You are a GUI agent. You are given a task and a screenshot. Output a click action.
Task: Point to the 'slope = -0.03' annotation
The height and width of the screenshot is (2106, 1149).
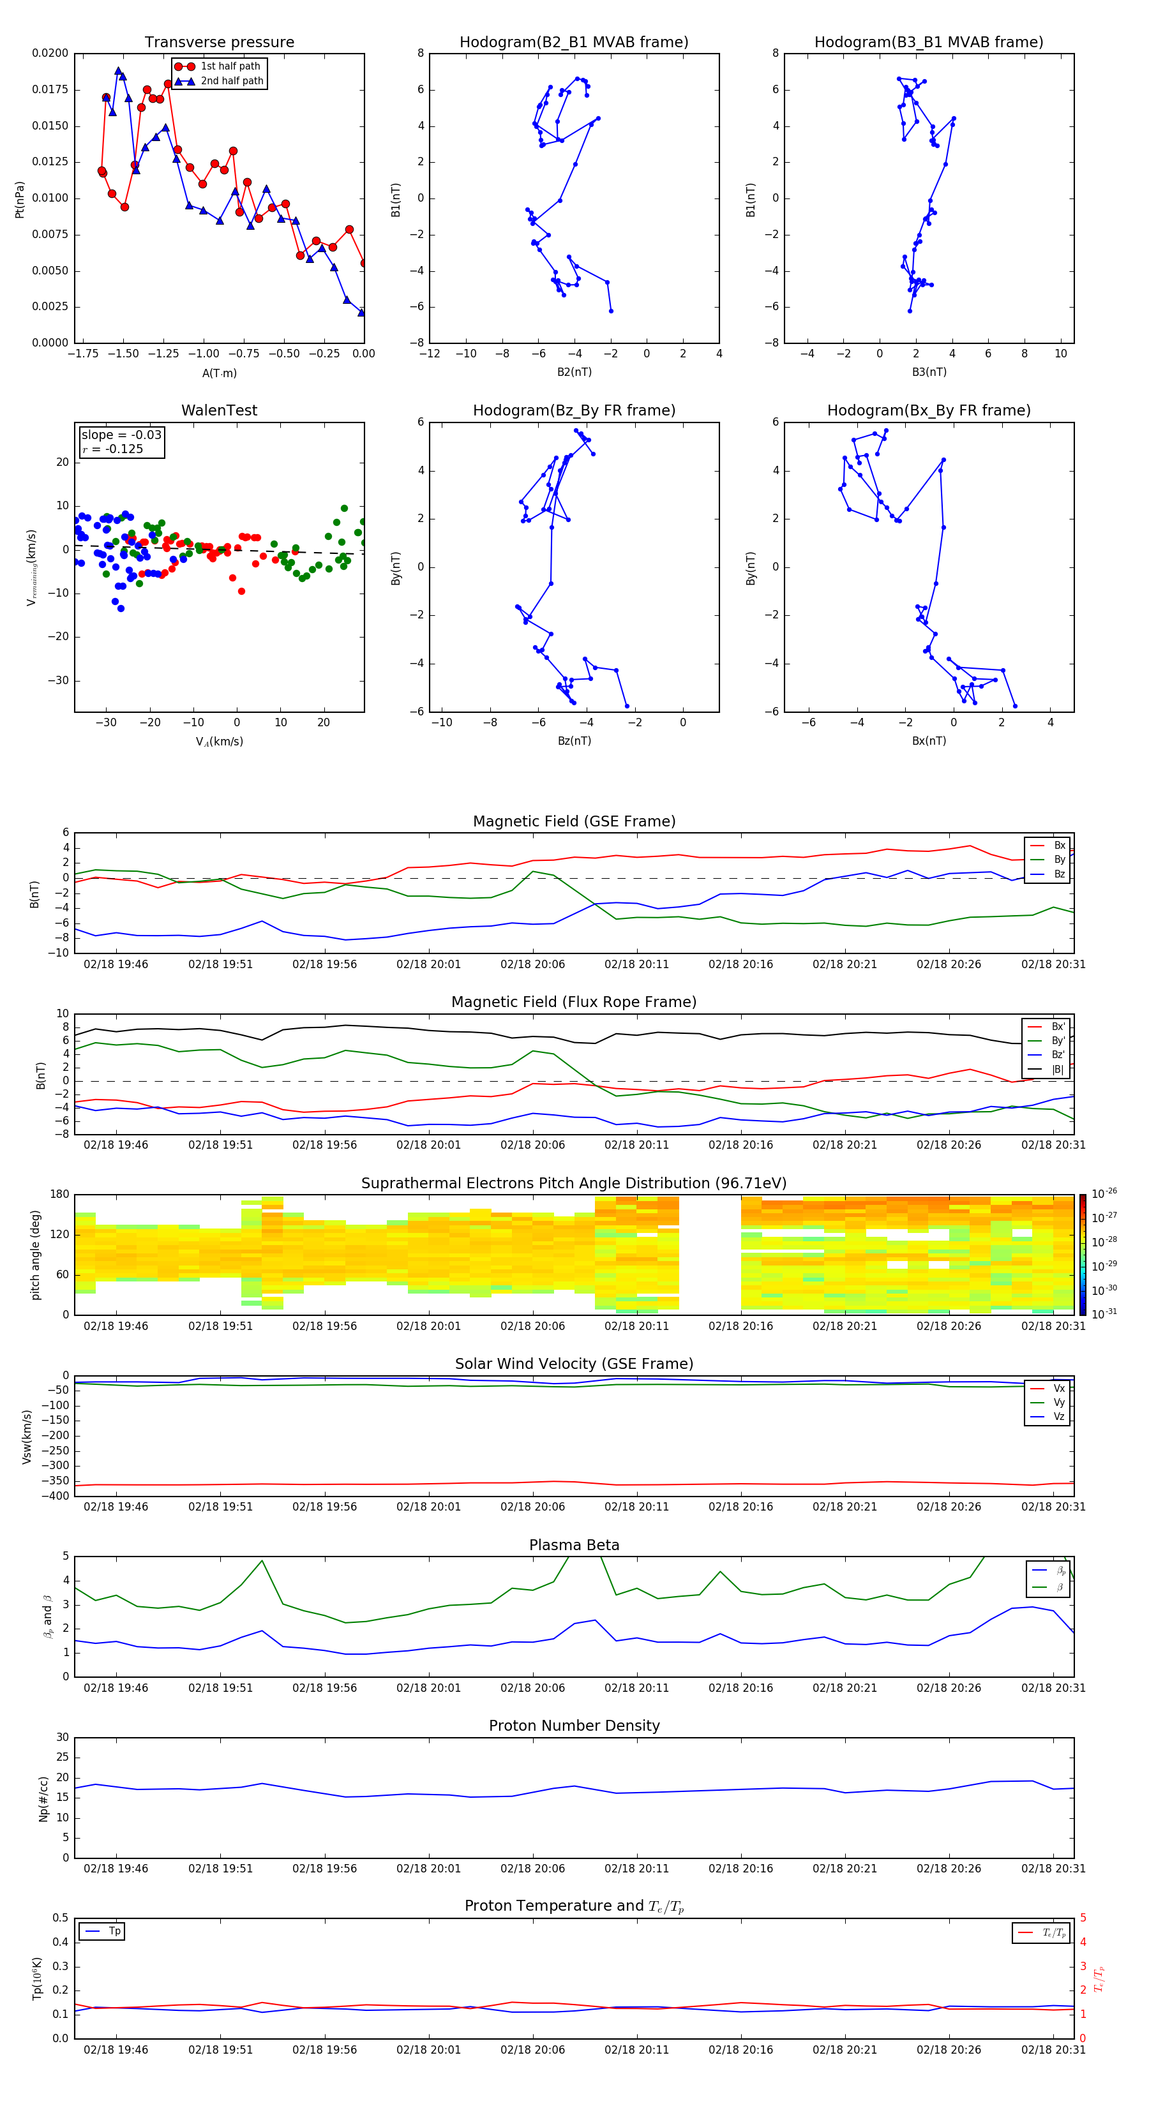pyautogui.click(x=121, y=435)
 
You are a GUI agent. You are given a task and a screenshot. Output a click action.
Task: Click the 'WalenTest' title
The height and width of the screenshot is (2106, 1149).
pyautogui.click(x=219, y=410)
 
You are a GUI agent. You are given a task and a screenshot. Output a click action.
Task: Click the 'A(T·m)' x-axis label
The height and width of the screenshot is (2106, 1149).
pyautogui.click(x=219, y=373)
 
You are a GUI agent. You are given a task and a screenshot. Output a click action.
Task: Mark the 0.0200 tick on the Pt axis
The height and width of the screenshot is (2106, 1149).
pyautogui.click(x=50, y=53)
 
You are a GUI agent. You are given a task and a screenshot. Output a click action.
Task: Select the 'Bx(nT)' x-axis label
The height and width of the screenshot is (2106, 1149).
pyautogui.click(x=928, y=741)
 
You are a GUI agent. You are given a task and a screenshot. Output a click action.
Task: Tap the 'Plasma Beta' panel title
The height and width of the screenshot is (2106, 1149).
pyautogui.click(x=573, y=1545)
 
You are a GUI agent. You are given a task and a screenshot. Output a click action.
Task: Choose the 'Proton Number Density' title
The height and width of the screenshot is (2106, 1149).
pyautogui.click(x=573, y=1726)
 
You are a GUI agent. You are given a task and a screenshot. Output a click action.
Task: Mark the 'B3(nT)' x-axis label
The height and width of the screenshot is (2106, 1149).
pyautogui.click(x=928, y=373)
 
